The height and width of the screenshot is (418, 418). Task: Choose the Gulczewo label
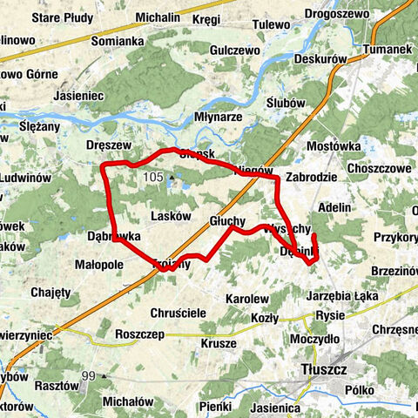coord(231,51)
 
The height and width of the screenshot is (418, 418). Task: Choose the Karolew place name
coord(246,299)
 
